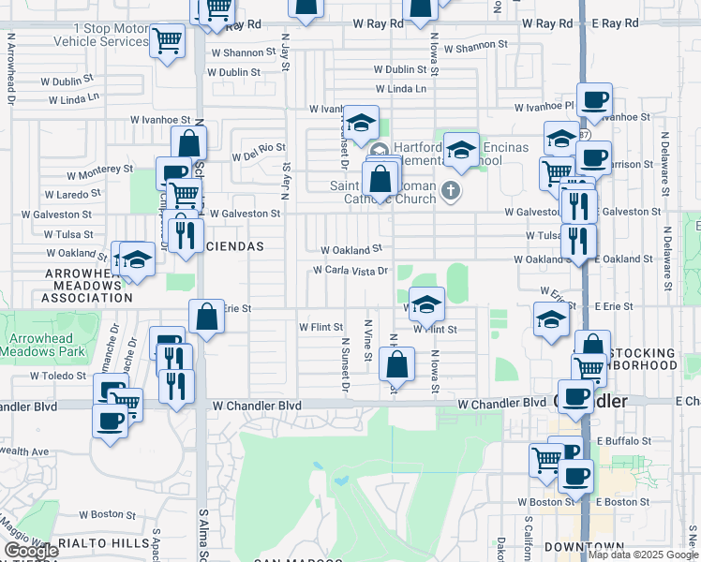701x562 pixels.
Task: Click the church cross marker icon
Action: (451, 192)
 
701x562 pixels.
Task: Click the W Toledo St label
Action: (58, 376)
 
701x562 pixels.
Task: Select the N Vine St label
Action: (368, 346)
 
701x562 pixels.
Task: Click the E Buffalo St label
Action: (622, 440)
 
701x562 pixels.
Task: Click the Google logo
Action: (32, 551)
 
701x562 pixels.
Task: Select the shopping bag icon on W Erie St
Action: (206, 318)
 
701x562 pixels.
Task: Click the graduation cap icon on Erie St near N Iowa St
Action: (426, 304)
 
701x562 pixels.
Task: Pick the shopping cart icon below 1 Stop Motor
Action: (167, 41)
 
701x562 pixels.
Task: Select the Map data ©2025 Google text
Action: (643, 555)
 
